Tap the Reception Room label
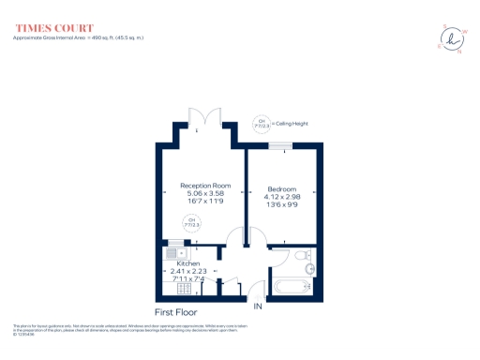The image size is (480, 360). [x=205, y=186]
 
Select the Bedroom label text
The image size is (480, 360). [x=281, y=186]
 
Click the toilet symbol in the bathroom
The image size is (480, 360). [x=300, y=255]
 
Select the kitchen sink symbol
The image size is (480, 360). [x=174, y=251]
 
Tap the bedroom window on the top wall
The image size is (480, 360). [x=280, y=144]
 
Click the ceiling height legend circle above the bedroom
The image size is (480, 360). [x=261, y=123]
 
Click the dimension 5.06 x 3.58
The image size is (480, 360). [x=205, y=194]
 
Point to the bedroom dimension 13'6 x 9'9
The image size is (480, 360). [x=281, y=202]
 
